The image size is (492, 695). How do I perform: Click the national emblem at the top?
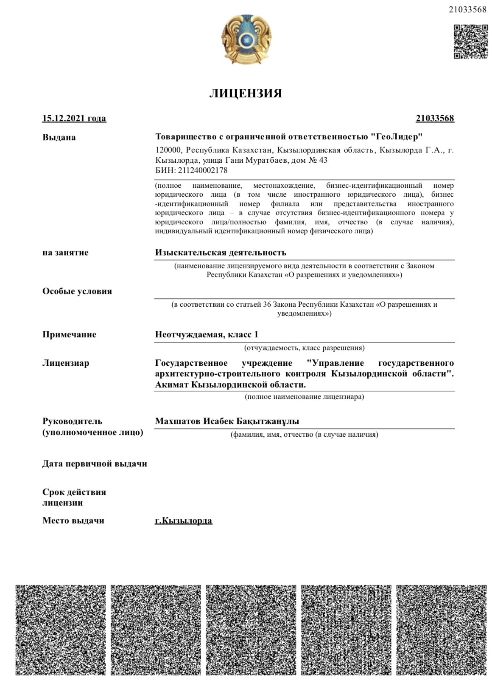[246, 39]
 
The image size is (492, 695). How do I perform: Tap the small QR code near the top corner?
[470, 42]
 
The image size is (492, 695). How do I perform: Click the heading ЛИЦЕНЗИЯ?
[246, 93]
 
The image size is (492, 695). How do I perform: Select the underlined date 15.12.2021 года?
[74, 118]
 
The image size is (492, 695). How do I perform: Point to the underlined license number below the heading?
[435, 118]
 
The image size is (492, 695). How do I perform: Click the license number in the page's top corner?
[467, 10]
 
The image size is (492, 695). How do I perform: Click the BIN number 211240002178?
[201, 170]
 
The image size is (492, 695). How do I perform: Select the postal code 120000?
[168, 150]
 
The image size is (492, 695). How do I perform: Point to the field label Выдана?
[59, 137]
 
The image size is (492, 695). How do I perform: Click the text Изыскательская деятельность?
[221, 252]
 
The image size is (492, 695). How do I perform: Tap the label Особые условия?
[77, 291]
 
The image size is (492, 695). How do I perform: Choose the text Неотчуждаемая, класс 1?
[207, 334]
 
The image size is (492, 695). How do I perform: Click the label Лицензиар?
[66, 363]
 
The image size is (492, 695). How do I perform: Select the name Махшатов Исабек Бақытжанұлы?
[227, 421]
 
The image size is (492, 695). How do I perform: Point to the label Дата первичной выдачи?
[95, 463]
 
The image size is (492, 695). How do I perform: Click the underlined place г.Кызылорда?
[184, 520]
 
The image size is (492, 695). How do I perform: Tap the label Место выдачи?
[73, 520]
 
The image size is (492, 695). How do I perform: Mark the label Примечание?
[69, 334]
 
